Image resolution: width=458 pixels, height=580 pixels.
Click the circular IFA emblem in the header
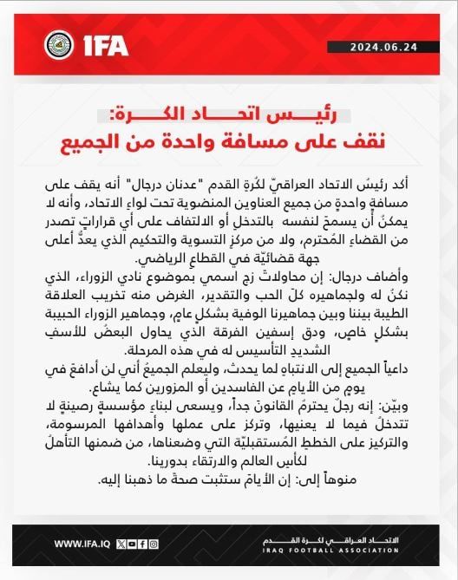point(57,42)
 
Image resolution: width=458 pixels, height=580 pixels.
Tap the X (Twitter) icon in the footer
point(121,544)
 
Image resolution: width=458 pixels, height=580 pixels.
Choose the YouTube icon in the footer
point(132,544)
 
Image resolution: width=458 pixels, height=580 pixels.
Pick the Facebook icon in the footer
point(142,544)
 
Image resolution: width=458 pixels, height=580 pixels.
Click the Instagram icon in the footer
point(154,544)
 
